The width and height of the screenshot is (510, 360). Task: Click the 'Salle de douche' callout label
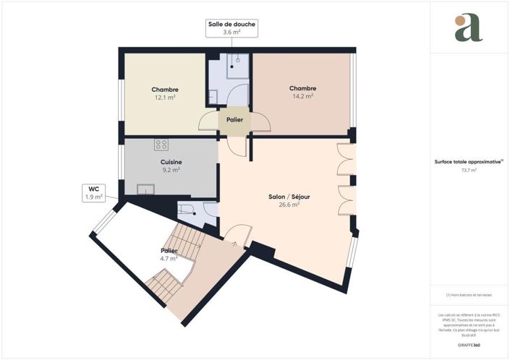click(x=231, y=25)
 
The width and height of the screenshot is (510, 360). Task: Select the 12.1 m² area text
click(x=165, y=97)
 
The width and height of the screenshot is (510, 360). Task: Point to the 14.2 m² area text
click(x=302, y=95)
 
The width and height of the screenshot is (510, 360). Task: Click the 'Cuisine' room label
click(x=171, y=162)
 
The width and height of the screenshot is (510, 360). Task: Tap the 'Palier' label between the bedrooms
click(x=234, y=120)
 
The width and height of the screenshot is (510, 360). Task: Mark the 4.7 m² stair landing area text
click(x=169, y=258)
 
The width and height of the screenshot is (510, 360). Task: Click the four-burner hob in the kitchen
click(x=161, y=144)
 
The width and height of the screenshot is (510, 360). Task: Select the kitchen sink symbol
click(x=146, y=190)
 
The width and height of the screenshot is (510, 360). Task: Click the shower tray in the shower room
click(x=238, y=64)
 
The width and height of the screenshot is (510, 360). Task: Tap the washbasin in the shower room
click(x=213, y=95)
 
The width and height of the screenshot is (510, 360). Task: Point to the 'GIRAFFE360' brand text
click(x=468, y=347)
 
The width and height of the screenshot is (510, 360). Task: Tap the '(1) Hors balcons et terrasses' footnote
click(x=468, y=295)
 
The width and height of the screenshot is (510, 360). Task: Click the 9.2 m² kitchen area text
click(x=171, y=170)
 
